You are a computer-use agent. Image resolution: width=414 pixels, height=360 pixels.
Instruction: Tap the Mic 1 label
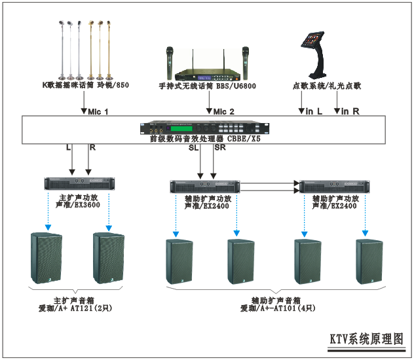(x=98, y=111)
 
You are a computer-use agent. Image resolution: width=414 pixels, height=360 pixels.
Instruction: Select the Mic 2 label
(x=223, y=111)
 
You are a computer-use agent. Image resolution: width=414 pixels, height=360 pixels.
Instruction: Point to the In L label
(x=314, y=111)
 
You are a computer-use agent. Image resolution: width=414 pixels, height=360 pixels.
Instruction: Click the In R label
(x=350, y=111)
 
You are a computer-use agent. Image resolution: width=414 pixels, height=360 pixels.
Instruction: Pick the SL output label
(x=192, y=148)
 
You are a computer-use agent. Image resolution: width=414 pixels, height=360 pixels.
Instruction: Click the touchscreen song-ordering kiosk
(x=313, y=52)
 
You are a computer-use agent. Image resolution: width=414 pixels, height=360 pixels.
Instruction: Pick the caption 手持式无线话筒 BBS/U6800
(x=207, y=86)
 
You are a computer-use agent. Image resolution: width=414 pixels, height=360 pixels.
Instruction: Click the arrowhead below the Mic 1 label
(x=84, y=113)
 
